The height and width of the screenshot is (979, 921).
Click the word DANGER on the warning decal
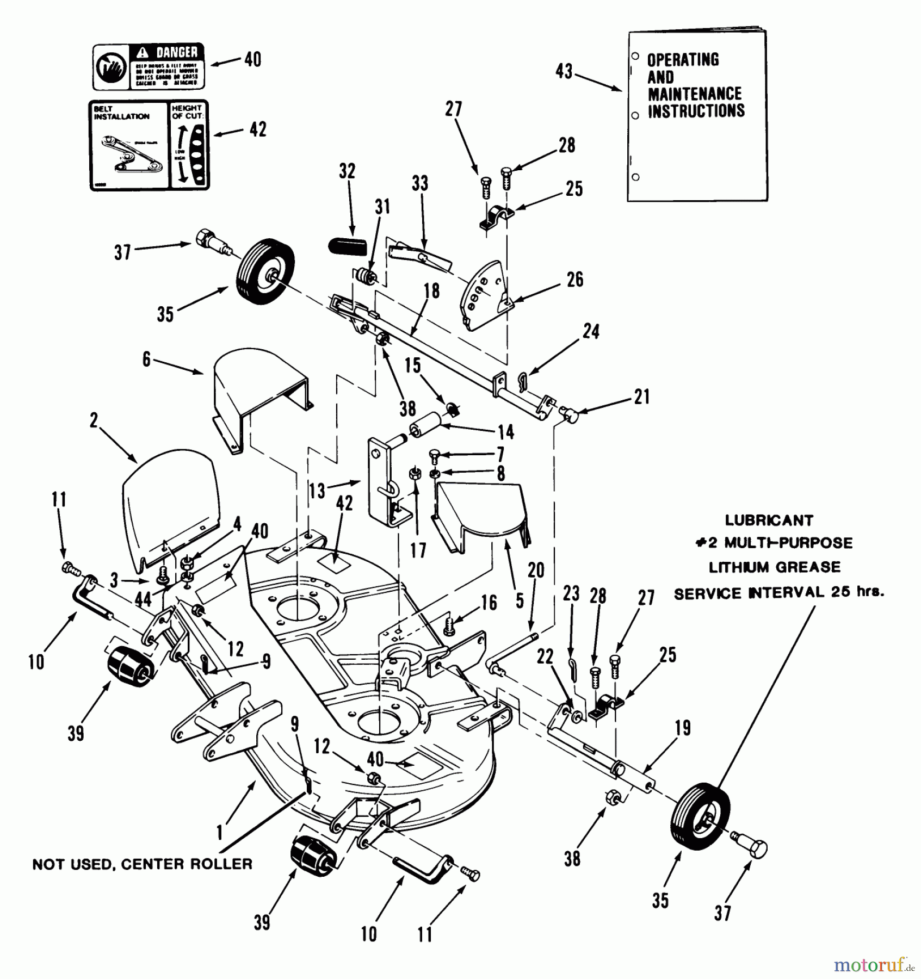pos(177,53)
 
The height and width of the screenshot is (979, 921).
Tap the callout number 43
pos(564,71)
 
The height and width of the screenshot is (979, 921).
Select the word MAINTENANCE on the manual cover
pos(695,94)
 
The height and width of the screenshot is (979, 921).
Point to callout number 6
pos(146,360)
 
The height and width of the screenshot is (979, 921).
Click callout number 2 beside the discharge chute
pos(94,420)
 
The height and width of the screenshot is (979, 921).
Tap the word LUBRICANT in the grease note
pos(769,520)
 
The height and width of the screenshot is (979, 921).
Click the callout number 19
pos(683,728)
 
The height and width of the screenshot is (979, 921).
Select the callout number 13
pos(317,491)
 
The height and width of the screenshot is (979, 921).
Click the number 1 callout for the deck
pos(220,833)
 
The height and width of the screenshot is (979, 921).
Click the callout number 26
pos(575,280)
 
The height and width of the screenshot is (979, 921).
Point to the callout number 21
pos(642,396)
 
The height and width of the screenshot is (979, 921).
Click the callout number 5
pos(520,600)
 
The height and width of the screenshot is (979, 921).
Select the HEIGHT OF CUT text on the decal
pos(187,112)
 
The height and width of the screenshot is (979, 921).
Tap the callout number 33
pos(419,183)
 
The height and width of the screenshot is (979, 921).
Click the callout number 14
pos(506,432)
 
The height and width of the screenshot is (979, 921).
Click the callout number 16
pos(489,602)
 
